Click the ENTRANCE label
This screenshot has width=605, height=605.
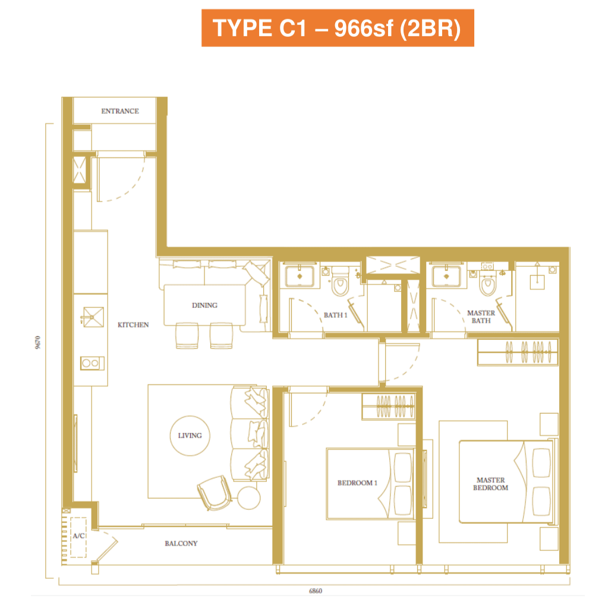coord(120,111)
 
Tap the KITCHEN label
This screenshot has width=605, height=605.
coord(133,325)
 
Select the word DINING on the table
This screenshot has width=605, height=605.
coord(204,305)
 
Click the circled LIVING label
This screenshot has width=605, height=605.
coord(190,436)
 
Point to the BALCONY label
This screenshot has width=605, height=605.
coord(181,544)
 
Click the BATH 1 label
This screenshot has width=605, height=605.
coord(335,315)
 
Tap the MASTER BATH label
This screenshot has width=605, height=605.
coord(481,317)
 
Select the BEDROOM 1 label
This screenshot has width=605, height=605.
coord(357,483)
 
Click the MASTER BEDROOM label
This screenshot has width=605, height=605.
coord(490,484)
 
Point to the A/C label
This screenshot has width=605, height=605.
coord(78,536)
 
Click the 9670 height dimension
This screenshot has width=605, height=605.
coord(38,343)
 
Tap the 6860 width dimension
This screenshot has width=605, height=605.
coord(316,591)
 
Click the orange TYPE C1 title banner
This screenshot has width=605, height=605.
coord(338,28)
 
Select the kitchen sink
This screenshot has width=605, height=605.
coord(93,317)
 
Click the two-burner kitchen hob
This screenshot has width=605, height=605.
coord(92,363)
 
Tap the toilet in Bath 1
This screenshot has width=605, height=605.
coord(340,281)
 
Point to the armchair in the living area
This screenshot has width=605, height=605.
coord(215,493)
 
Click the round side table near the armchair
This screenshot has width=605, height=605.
coord(249,498)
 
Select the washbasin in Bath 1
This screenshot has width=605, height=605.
coord(300,276)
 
